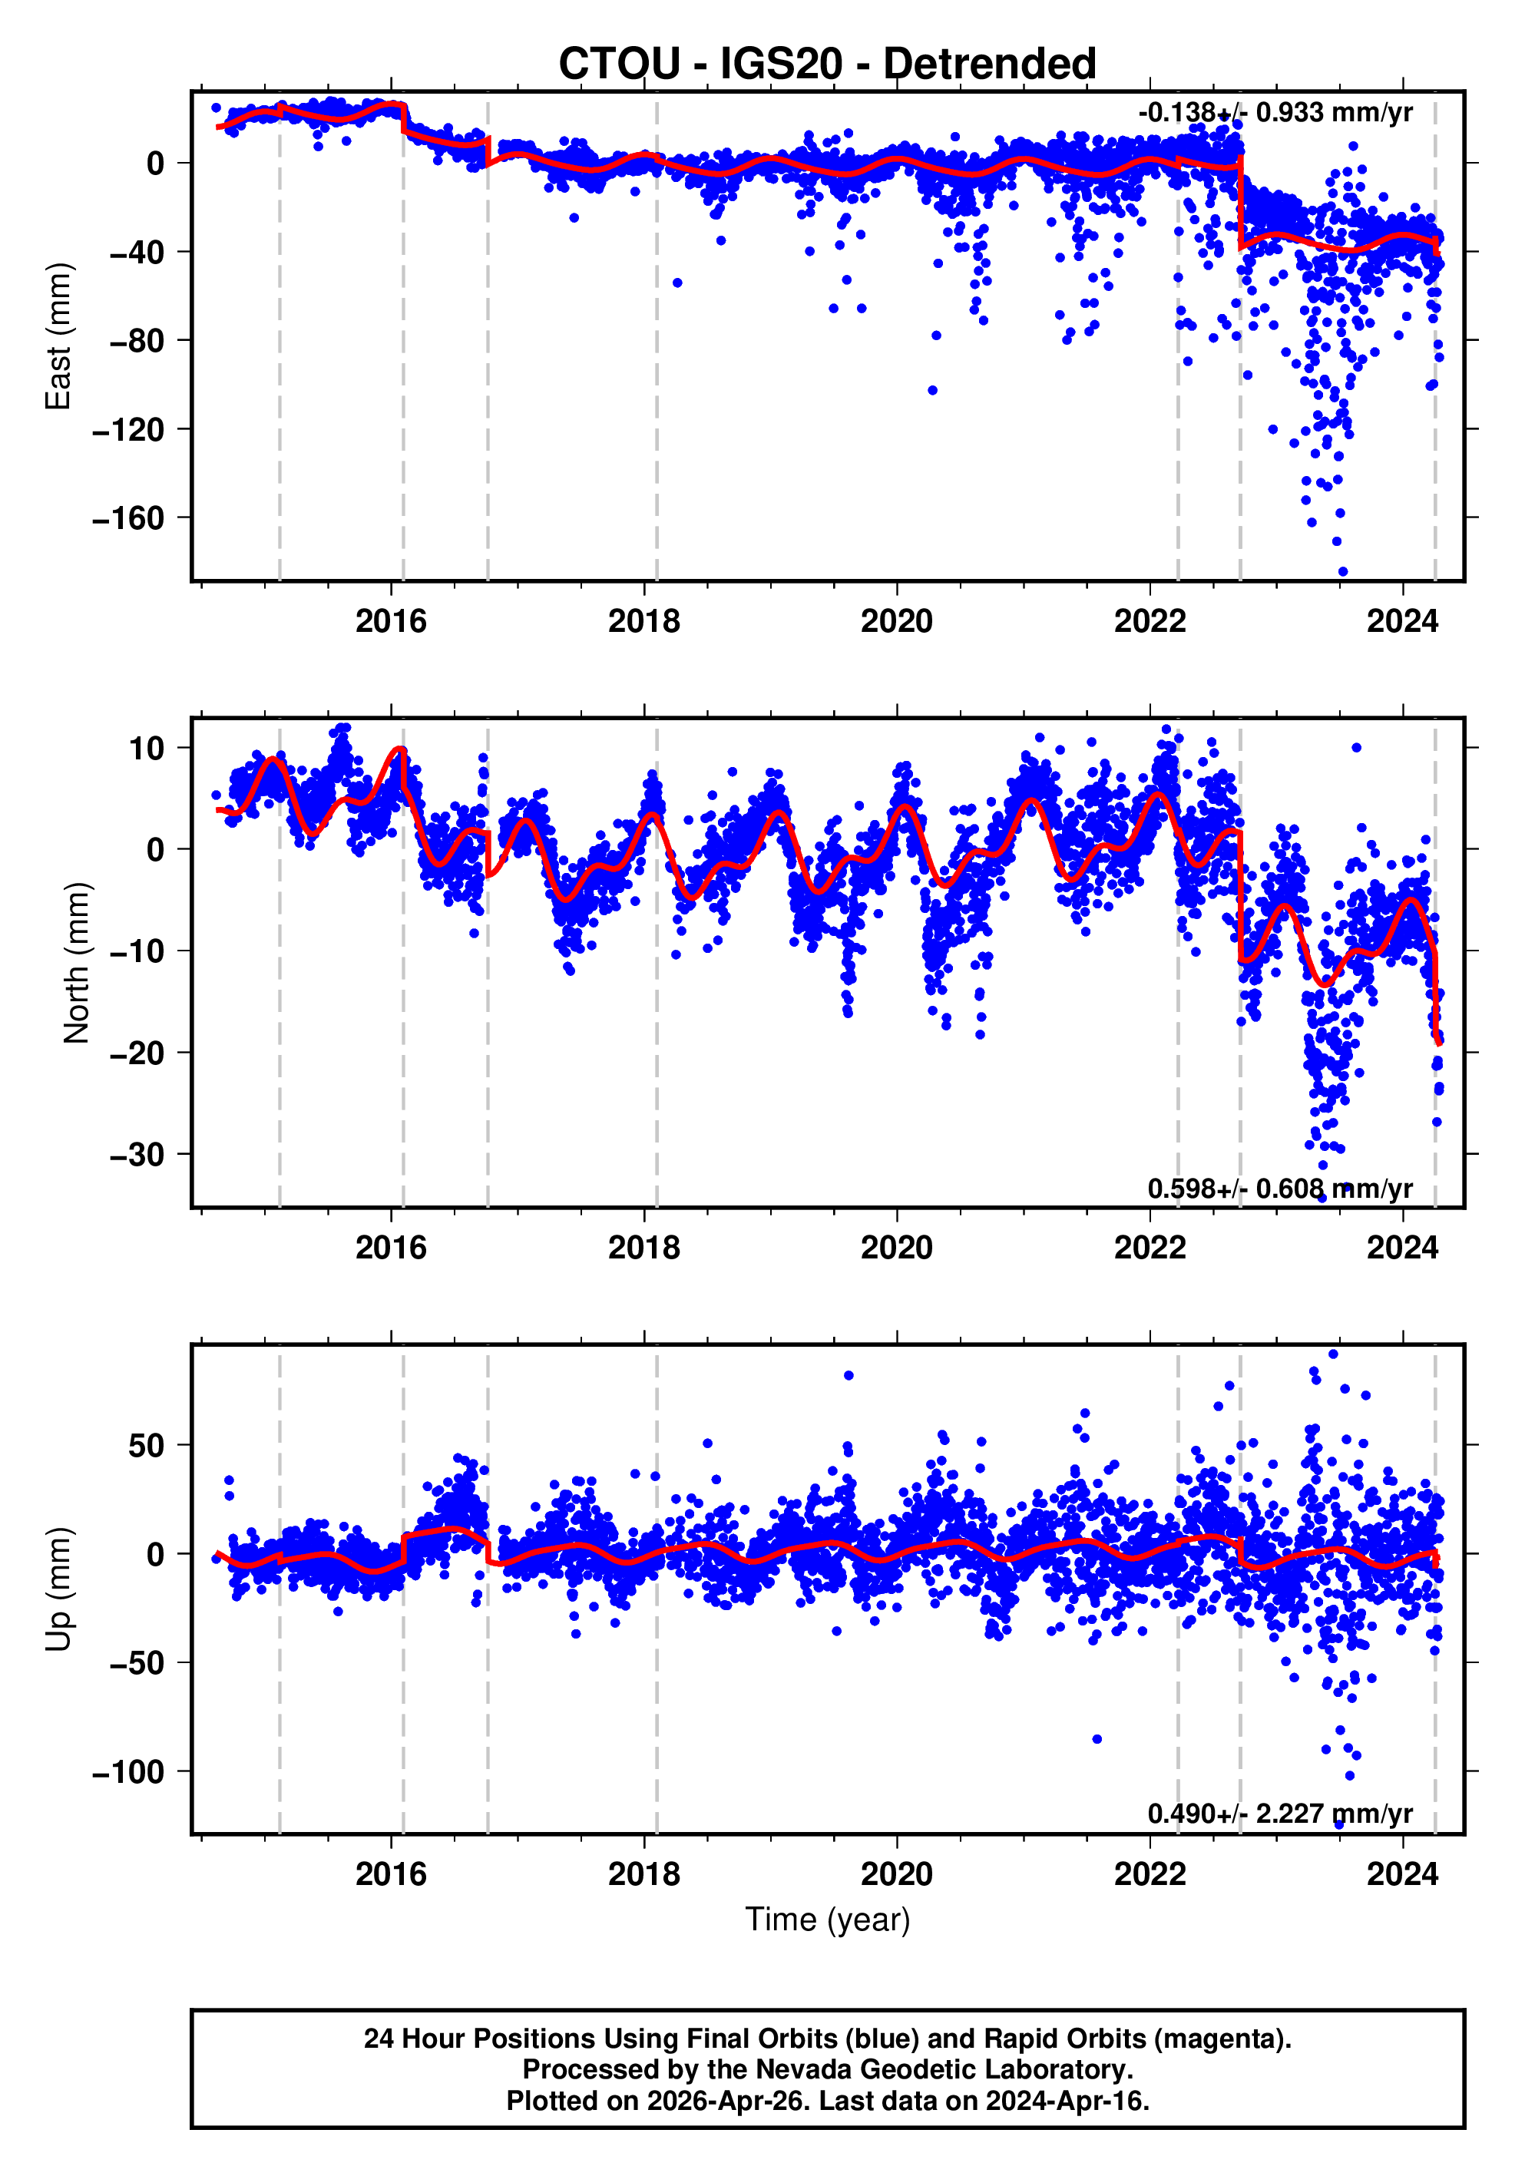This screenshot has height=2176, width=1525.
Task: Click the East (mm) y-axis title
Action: point(59,336)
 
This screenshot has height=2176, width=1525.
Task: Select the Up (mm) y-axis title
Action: point(59,1589)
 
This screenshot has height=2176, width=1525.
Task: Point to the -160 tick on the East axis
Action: point(128,518)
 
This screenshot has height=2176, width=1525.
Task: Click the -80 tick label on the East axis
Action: point(137,340)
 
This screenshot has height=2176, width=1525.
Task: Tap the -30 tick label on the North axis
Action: point(137,1154)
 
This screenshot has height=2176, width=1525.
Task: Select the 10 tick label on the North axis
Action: point(146,748)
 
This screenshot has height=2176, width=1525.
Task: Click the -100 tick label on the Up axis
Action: point(128,1771)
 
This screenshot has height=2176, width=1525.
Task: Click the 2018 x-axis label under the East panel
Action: point(643,622)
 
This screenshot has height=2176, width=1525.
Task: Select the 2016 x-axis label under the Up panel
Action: point(391,1874)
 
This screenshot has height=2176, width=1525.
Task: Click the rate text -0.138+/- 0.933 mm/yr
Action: point(1275,113)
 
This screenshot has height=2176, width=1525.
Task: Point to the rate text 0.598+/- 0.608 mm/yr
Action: point(1279,1189)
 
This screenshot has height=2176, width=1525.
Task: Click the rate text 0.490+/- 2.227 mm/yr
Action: point(1279,1814)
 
